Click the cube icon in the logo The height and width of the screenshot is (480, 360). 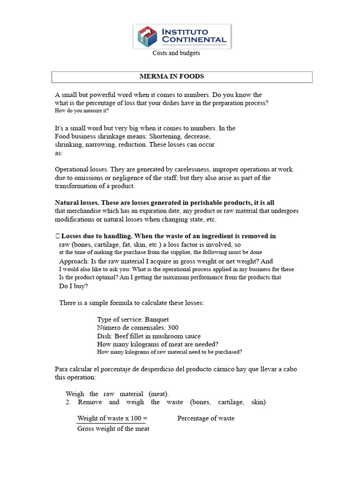[x=147, y=37]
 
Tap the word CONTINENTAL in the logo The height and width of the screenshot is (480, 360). [x=194, y=40]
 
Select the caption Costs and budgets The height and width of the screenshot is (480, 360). [x=176, y=53]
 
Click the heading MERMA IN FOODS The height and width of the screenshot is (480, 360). [x=172, y=76]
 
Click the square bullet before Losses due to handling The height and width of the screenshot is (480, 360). [x=57, y=236]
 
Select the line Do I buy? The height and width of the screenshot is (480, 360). [x=73, y=286]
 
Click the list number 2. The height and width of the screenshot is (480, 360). [x=68, y=402]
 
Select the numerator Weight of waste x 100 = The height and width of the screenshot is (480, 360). [x=112, y=418]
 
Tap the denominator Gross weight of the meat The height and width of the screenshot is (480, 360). [x=113, y=428]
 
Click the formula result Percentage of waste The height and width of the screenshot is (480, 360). [x=206, y=418]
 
